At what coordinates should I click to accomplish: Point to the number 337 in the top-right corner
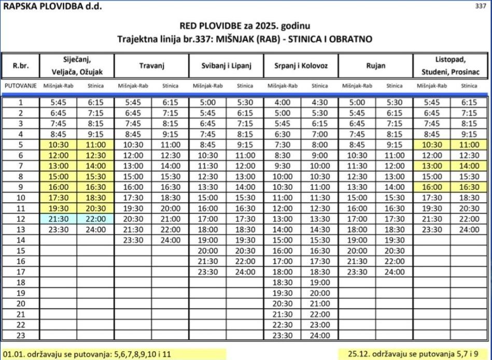(481, 6)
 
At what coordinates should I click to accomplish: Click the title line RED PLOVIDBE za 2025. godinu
(245, 25)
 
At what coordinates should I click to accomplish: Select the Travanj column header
(151, 66)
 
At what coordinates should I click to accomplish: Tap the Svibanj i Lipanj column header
(226, 66)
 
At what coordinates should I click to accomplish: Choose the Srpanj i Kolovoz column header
(300, 66)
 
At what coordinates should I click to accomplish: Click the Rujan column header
(375, 66)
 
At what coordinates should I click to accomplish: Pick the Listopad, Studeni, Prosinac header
(449, 66)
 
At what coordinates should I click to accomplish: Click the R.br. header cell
(21, 66)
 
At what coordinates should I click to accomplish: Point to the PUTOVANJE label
(21, 86)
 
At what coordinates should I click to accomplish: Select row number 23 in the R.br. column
(21, 335)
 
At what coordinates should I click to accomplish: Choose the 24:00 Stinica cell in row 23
(319, 335)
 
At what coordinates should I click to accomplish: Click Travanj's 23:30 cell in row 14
(133, 240)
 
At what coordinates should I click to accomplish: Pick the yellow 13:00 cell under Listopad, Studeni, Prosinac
(432, 167)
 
